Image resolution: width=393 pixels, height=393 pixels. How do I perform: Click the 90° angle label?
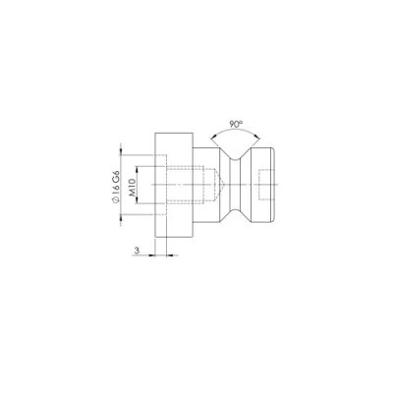pos(236,124)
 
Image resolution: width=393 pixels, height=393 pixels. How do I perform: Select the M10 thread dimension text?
pos(133,188)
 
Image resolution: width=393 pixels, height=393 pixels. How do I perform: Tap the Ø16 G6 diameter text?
pos(116,188)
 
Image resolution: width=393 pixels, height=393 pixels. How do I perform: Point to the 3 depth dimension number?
pos(137,251)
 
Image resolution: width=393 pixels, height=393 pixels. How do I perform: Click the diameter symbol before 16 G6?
pos(116,200)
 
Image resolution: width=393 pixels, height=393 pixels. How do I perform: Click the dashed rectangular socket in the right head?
pos(265,185)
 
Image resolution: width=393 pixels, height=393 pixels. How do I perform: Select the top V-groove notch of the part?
pos(235,154)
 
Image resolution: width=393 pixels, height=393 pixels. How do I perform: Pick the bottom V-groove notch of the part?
pos(235,215)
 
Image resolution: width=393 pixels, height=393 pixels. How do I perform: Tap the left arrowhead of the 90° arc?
pos(212,138)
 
